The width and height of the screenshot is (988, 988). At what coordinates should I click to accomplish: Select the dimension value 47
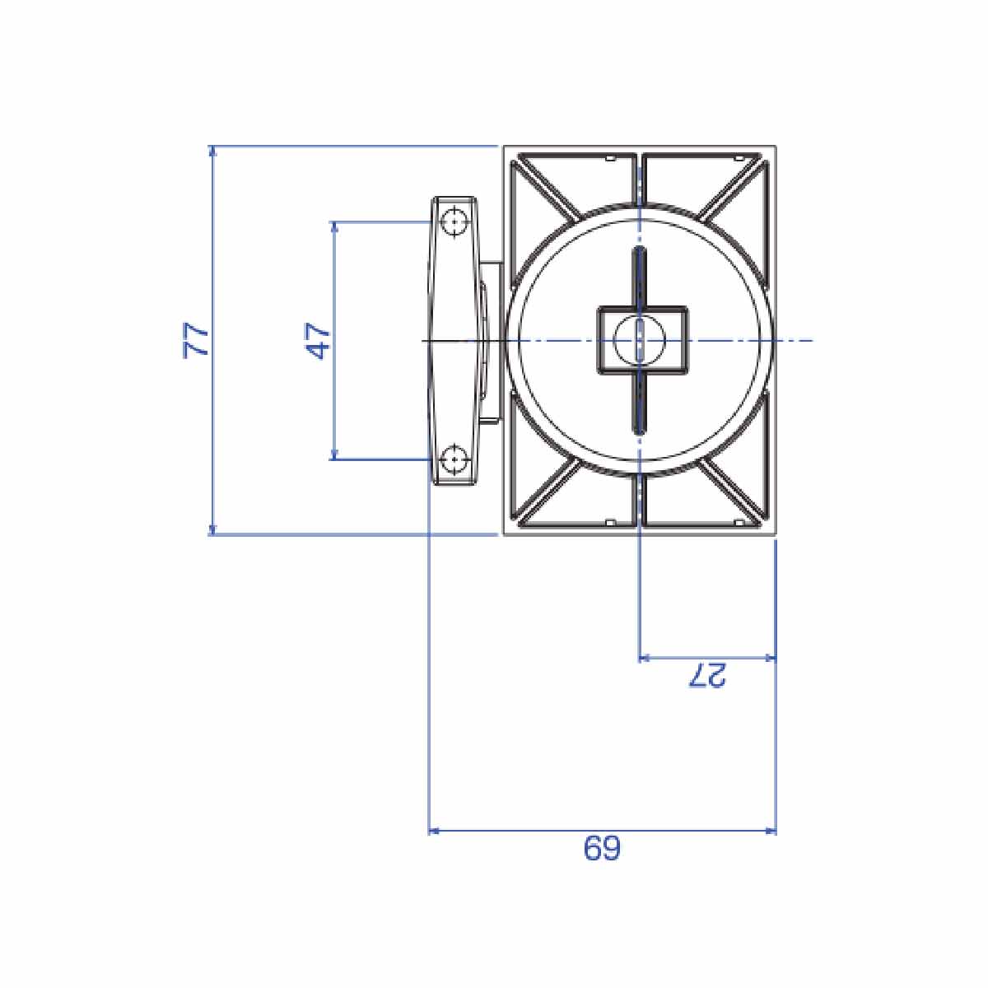[x=317, y=340]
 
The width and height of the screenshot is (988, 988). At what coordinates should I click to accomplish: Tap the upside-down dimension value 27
[x=707, y=675]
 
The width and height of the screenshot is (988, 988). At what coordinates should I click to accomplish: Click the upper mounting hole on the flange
[x=454, y=222]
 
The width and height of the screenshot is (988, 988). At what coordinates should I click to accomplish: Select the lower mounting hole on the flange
[x=454, y=459]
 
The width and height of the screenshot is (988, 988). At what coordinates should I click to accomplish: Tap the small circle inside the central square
[x=640, y=340]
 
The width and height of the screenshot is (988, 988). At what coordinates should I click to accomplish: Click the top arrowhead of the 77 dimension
[x=212, y=151]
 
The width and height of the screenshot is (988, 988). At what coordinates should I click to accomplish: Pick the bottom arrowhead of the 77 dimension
[x=212, y=529]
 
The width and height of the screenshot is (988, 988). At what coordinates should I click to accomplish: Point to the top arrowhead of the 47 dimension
[x=334, y=227]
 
